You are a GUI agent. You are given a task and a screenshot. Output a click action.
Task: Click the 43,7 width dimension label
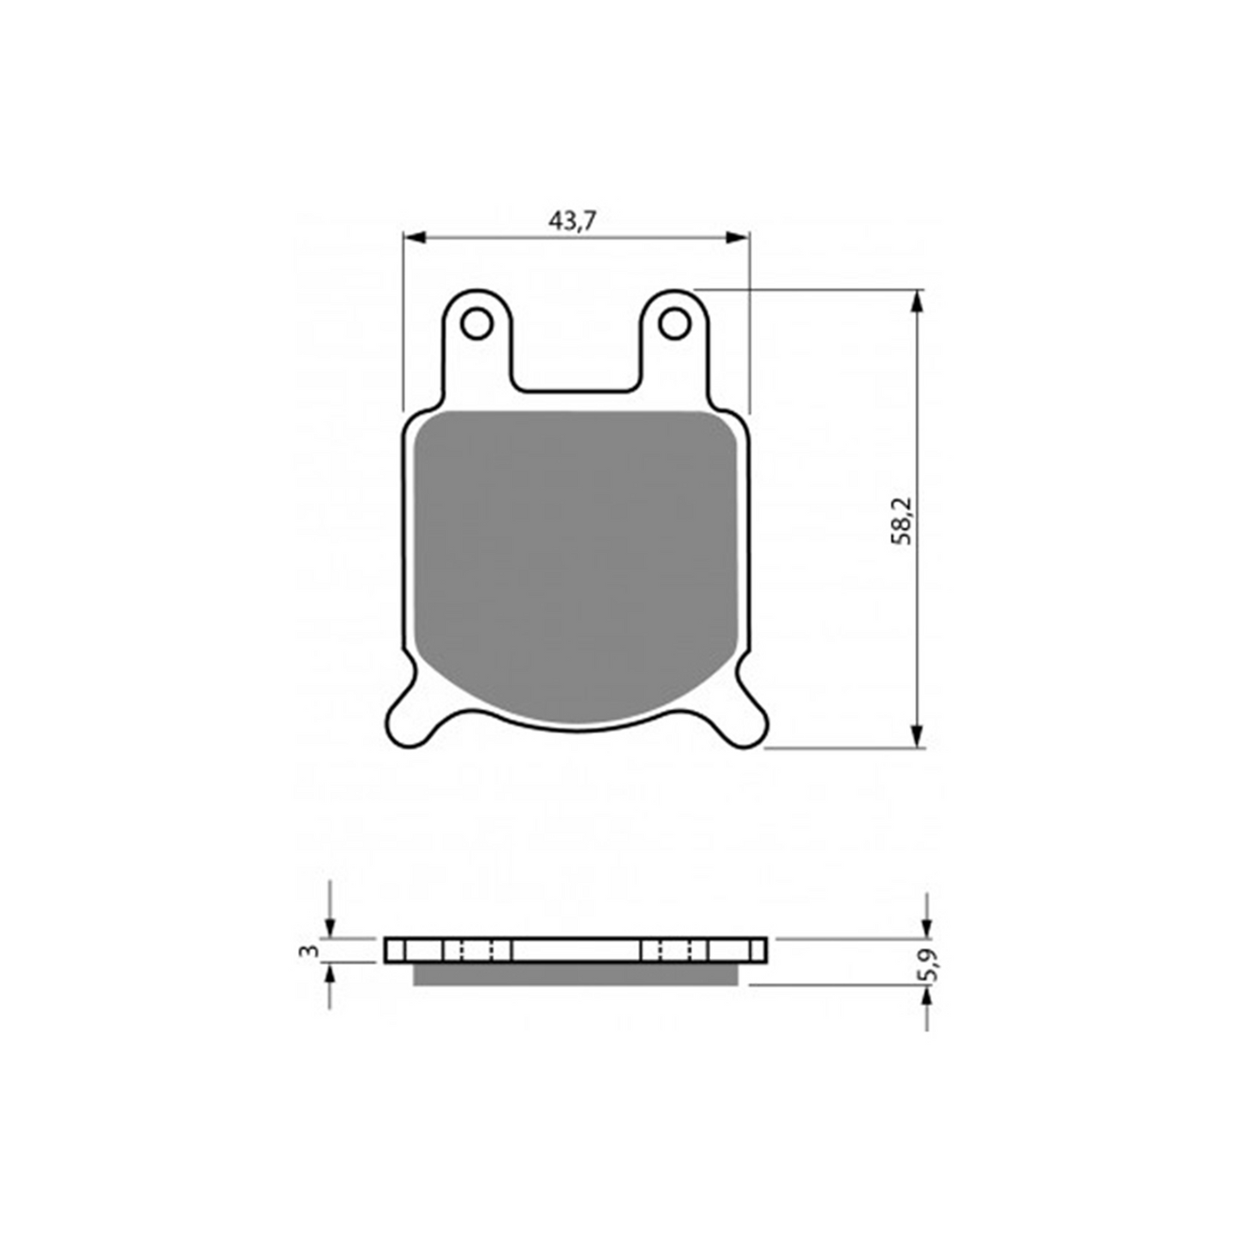tap(571, 221)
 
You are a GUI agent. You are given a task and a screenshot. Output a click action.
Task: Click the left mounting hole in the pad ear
tap(475, 324)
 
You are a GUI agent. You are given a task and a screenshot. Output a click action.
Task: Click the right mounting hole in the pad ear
tap(674, 324)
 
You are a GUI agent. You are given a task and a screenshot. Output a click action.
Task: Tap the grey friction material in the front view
tap(574, 557)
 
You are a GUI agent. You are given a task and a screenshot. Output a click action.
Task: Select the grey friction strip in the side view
tap(574, 973)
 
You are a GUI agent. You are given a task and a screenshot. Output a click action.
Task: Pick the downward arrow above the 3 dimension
tap(330, 925)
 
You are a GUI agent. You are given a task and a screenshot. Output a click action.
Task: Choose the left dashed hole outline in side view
tap(477, 949)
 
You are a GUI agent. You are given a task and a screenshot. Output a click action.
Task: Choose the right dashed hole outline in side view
tap(675, 949)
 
